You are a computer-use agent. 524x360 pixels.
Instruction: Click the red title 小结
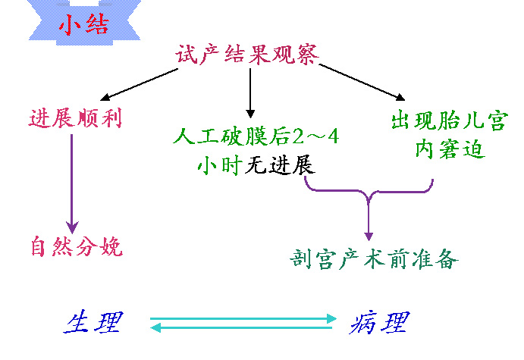pos(84,25)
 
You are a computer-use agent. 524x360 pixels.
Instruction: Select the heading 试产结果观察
pos(247,55)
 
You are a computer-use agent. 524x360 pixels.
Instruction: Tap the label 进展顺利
pos(76,118)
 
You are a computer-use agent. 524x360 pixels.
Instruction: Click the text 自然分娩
pos(77,246)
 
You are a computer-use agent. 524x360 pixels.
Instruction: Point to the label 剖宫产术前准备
pos(374,259)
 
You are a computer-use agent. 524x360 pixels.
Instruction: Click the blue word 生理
pos(93,322)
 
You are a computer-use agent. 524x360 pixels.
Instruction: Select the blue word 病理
pos(379,323)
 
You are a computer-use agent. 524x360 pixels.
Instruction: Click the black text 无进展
pos(280,165)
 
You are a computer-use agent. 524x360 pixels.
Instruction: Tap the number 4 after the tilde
pos(333,136)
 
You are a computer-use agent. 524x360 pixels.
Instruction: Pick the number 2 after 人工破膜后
pos(299,136)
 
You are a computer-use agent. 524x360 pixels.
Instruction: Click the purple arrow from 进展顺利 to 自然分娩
pos(72,184)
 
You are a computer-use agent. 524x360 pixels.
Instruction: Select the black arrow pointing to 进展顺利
pos(139,84)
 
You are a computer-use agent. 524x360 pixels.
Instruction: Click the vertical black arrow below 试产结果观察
pos(250,93)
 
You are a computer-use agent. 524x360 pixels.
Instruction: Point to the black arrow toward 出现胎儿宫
pos(362,82)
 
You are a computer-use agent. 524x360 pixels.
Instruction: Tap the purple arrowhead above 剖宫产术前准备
pos(369,236)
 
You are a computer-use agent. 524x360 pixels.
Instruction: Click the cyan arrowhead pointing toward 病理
pos(331,318)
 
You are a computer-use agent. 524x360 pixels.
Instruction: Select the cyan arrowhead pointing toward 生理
pos(155,327)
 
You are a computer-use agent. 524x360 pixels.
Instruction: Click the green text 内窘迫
pos(450,149)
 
